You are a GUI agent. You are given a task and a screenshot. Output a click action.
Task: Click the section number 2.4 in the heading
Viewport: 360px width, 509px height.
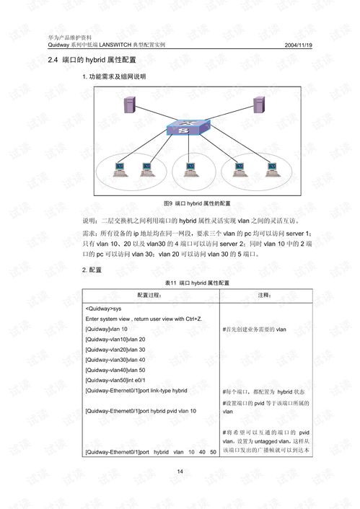53,60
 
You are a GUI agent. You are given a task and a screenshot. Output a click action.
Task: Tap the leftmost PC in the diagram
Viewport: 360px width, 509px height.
119,169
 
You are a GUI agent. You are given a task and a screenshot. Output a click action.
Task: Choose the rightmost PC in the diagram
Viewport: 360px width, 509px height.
271,169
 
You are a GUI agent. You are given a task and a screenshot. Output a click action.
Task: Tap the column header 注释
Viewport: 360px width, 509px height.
265,296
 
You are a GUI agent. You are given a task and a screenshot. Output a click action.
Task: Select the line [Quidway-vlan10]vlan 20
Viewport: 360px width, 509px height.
115,339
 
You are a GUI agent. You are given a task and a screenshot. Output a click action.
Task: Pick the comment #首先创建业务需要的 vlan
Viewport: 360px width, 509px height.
255,329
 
